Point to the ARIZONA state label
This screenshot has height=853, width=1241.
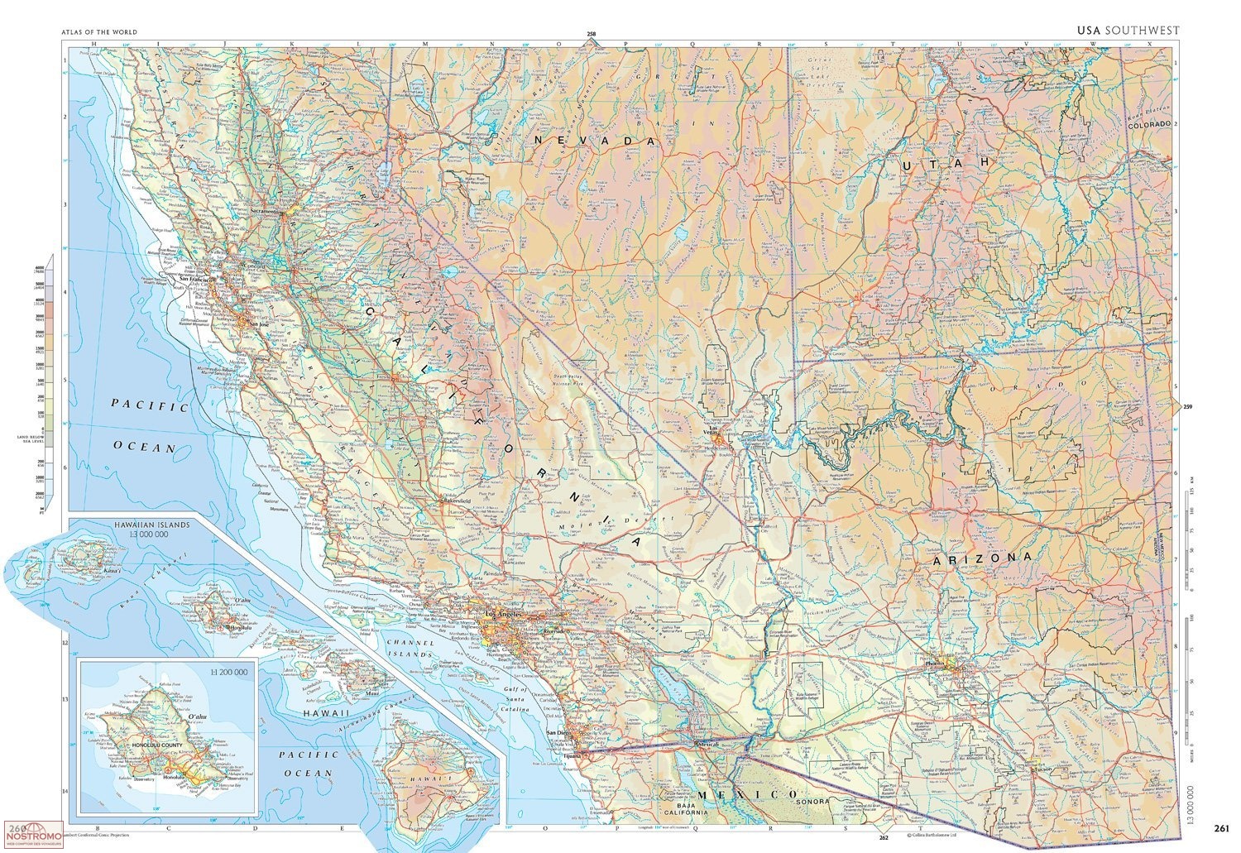[x=982, y=559]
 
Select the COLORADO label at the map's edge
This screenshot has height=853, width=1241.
[x=1149, y=124]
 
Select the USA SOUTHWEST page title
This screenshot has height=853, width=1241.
[x=1128, y=31]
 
